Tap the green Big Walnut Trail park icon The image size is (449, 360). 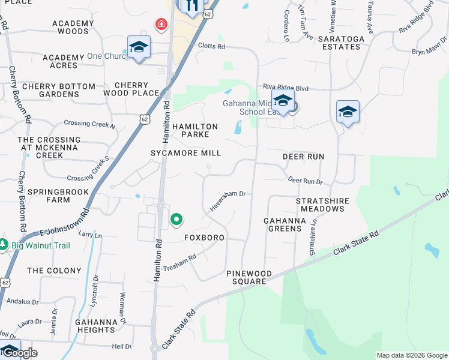pyautogui.click(x=3, y=245)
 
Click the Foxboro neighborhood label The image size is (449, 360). pyautogui.click(x=204, y=238)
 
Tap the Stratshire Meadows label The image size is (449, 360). pyautogui.click(x=321, y=204)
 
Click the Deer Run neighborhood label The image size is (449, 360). pyautogui.click(x=303, y=157)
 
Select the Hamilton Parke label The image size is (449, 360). pyautogui.click(x=195, y=131)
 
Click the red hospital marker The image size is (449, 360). pyautogui.click(x=161, y=25)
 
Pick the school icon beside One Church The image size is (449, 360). pyautogui.click(x=139, y=47)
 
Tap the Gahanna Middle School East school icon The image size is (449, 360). pyautogui.click(x=283, y=100)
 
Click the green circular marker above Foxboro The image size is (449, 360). pyautogui.click(x=176, y=220)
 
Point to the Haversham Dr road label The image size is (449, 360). pyautogui.click(x=228, y=202)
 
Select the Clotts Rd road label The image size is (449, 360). pyautogui.click(x=211, y=46)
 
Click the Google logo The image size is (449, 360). pyautogui.click(x=21, y=353)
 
